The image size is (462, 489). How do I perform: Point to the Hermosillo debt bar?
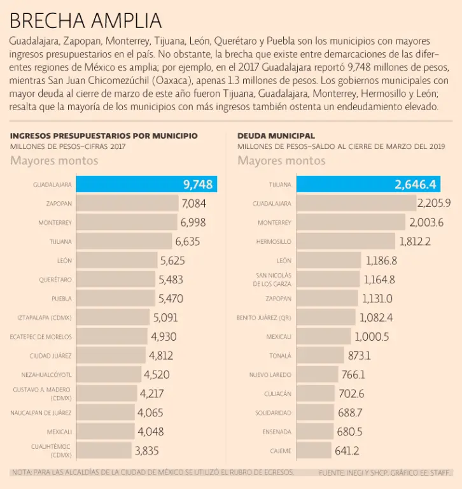[x=346, y=241]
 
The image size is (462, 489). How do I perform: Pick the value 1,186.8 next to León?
[x=381, y=260]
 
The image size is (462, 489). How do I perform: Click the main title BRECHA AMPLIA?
[x=85, y=20]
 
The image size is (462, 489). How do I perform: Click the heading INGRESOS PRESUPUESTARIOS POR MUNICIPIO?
[x=104, y=136]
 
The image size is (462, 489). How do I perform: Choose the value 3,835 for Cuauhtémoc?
[x=146, y=451]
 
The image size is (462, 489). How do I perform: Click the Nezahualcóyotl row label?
[x=46, y=374]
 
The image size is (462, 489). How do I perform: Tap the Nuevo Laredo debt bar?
[x=318, y=374]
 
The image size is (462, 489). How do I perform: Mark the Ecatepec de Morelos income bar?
[x=112, y=337]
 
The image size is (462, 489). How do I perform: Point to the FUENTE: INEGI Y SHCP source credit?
[x=385, y=472]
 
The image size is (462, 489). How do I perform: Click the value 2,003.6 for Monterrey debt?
[x=426, y=223]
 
